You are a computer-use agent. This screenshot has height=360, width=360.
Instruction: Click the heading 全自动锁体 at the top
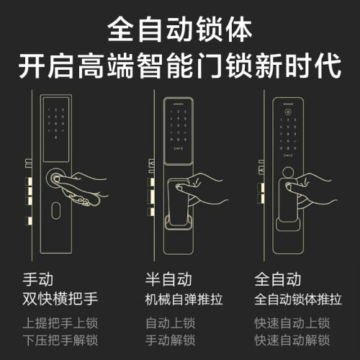pos(180,30)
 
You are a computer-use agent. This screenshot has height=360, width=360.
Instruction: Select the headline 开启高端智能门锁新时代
pos(180,66)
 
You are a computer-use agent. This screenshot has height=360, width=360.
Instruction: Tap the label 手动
pos(38,279)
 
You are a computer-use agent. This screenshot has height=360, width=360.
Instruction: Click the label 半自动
pos(168,279)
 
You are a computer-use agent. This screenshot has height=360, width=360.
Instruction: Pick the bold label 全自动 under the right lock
pos(278,279)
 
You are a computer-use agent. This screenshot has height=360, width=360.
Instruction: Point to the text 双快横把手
pos(60,299)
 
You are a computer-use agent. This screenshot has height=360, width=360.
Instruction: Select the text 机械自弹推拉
pos(184,300)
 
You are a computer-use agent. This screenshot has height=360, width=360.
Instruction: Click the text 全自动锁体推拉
pos(298,300)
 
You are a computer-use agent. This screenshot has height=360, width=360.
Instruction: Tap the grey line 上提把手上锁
pos(60,323)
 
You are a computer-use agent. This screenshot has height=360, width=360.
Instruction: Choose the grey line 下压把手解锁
pos(60,340)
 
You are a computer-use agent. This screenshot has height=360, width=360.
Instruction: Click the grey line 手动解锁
pos(170,340)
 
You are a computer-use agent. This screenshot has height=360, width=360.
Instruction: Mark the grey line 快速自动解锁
pos(292,340)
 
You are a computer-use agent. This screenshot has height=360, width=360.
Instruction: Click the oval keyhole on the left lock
pos(56,210)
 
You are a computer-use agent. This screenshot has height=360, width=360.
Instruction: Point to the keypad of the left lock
pos(56,124)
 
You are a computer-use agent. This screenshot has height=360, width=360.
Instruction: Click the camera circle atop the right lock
pos(288,112)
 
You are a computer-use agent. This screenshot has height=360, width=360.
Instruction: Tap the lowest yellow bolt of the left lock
pos(29,221)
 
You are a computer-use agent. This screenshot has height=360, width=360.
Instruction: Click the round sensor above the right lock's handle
pos(288,172)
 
